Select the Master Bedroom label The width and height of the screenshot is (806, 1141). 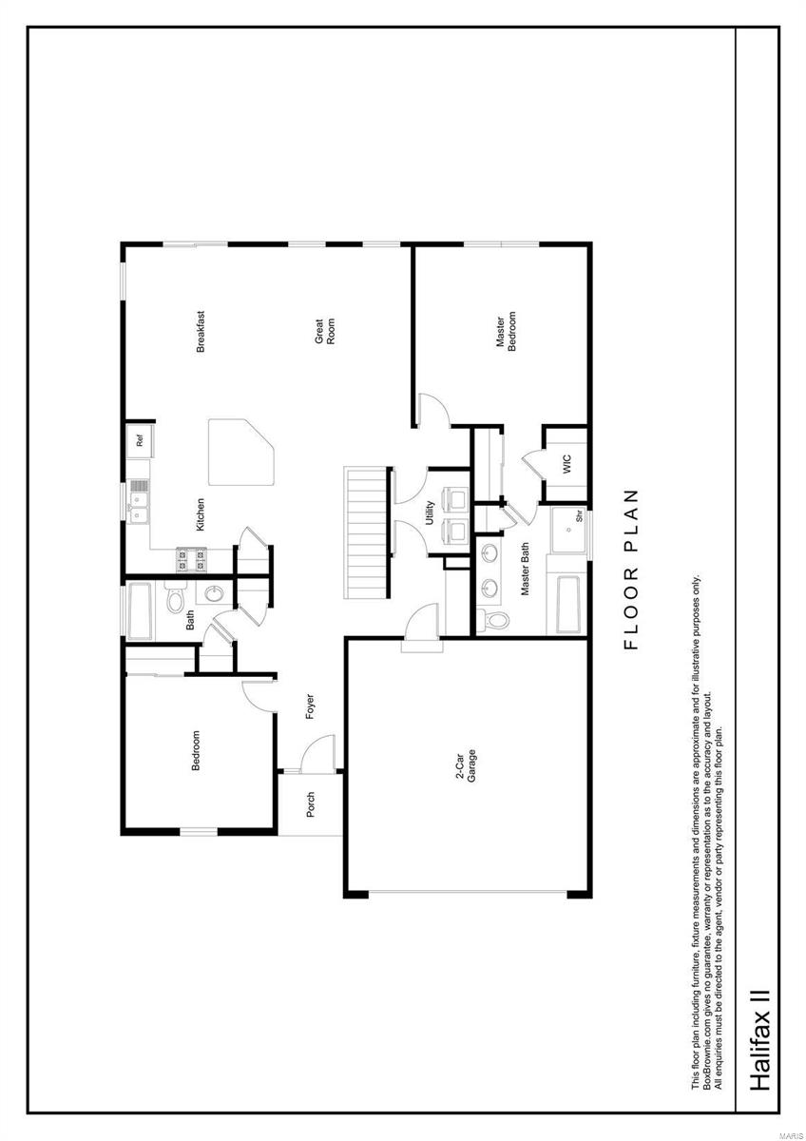coord(506,331)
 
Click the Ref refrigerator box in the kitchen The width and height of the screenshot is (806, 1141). coord(140,440)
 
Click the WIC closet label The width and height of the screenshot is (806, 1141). coord(566,465)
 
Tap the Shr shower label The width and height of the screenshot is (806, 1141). coord(578,519)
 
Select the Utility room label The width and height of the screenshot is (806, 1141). coord(430,512)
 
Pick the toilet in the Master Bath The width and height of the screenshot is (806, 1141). coord(493,620)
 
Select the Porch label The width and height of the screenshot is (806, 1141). coord(310,804)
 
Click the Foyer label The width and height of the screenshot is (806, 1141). coord(310,706)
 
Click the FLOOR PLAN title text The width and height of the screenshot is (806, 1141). coord(632,570)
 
